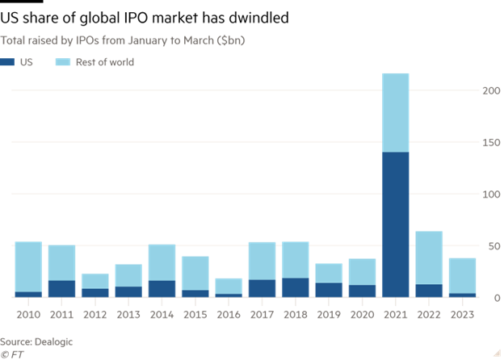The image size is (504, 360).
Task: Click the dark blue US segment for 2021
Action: (395, 224)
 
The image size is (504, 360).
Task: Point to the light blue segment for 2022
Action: (428, 257)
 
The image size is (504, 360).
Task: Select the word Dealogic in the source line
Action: (54, 341)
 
